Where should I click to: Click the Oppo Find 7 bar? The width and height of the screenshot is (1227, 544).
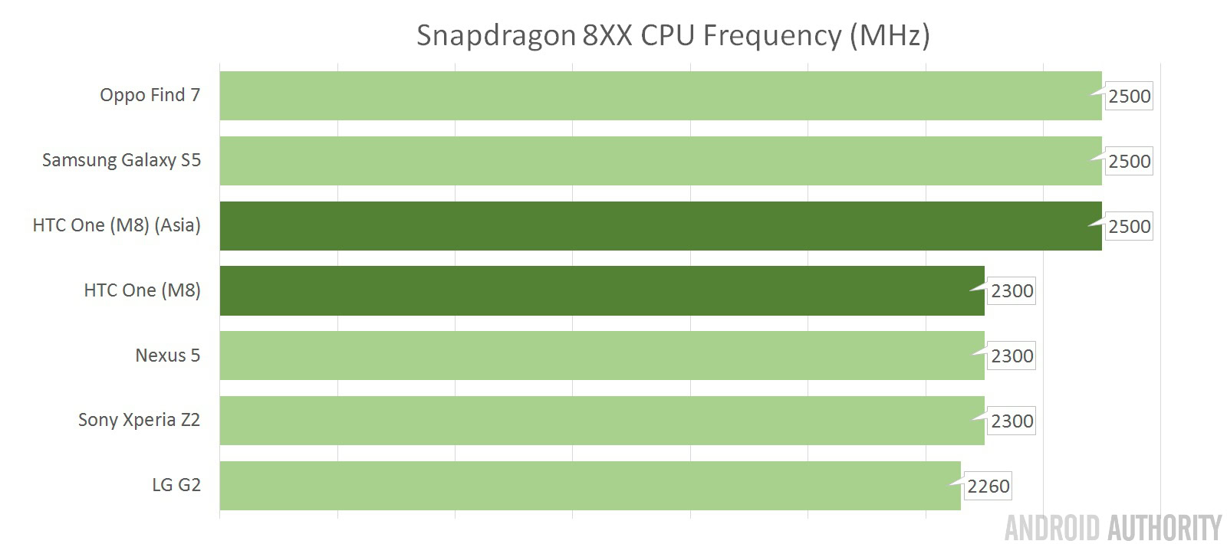click(660, 96)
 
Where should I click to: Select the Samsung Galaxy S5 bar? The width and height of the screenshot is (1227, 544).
click(660, 161)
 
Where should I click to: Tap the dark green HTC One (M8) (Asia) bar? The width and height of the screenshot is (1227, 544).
click(660, 226)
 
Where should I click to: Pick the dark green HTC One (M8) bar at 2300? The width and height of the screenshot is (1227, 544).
click(602, 290)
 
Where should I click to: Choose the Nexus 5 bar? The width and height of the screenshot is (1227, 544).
click(602, 356)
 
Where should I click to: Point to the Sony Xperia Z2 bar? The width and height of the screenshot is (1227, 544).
click(602, 421)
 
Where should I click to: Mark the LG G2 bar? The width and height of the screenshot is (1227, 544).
click(590, 486)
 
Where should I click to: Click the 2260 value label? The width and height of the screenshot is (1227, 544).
click(988, 487)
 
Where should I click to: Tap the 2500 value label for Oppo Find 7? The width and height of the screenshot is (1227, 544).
click(1129, 97)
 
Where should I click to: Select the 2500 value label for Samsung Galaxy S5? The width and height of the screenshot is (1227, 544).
click(1129, 162)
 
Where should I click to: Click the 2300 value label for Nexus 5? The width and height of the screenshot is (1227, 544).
click(1012, 356)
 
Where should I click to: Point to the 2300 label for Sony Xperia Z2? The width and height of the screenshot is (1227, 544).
click(1012, 421)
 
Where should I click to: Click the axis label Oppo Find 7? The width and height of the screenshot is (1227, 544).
click(150, 95)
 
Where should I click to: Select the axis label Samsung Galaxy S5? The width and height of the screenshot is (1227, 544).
click(121, 160)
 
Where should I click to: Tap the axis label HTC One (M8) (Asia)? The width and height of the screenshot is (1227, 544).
click(117, 225)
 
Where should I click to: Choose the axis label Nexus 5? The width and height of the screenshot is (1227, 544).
click(167, 356)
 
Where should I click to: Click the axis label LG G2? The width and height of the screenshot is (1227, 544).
click(176, 485)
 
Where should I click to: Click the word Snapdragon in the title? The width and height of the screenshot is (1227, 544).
click(495, 36)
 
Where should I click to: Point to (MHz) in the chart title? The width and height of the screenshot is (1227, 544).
click(890, 36)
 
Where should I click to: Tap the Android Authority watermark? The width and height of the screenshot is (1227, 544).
click(1113, 528)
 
